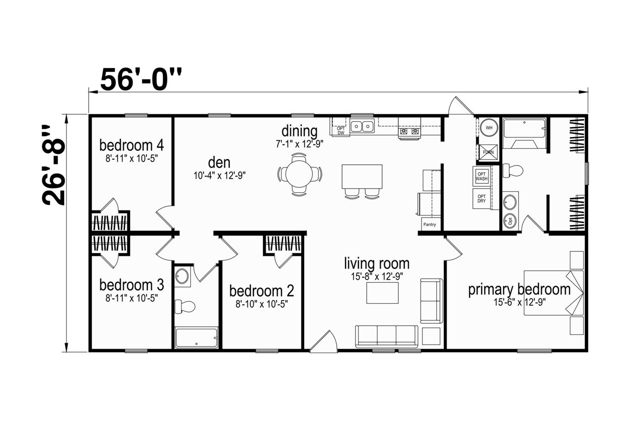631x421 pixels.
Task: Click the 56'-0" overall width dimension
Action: pos(141,79)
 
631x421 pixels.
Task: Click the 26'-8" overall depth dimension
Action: pos(53,165)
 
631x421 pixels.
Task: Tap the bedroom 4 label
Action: pos(132,145)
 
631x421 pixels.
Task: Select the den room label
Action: pos(219,163)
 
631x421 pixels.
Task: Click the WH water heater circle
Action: pos(489,128)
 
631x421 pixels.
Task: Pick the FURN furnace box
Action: pos(488,152)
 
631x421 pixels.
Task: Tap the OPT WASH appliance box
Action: pos(482,176)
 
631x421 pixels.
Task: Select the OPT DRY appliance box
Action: pos(482,199)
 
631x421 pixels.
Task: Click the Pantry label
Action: pos(429,225)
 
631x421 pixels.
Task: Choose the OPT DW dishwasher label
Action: pos(341,131)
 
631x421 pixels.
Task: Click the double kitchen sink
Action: pos(362,126)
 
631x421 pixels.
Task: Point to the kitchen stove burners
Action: pos(409,131)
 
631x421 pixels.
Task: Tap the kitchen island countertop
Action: pos(362,176)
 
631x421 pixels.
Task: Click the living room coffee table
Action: pos(382,293)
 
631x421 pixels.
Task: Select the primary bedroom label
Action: pos(519,290)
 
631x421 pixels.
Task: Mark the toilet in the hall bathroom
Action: pos(185,307)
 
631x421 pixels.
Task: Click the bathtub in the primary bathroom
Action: pos(524,134)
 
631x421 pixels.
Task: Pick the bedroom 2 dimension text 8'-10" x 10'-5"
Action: pos(262,304)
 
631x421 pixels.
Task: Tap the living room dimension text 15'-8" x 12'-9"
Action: pos(377,277)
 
